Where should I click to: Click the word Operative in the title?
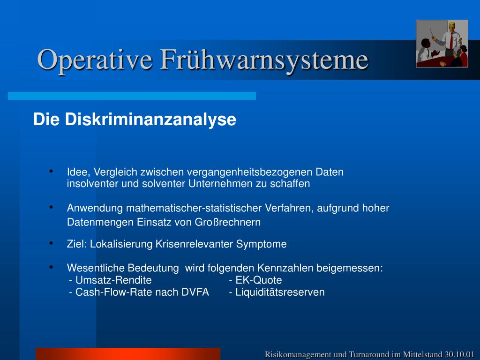click(x=95, y=60)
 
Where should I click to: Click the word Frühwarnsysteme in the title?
click(x=264, y=60)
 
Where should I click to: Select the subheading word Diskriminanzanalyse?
click(x=150, y=120)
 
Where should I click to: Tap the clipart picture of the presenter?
click(x=442, y=44)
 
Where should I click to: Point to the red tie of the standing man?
click(x=451, y=41)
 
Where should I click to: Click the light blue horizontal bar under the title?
click(x=132, y=96)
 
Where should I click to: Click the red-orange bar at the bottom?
click(x=128, y=354)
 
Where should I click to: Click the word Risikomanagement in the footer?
click(x=298, y=355)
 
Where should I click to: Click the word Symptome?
click(x=262, y=244)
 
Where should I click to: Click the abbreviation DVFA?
click(x=195, y=292)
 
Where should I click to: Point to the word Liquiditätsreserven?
click(x=280, y=292)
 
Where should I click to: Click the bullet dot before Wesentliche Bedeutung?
click(x=51, y=267)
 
